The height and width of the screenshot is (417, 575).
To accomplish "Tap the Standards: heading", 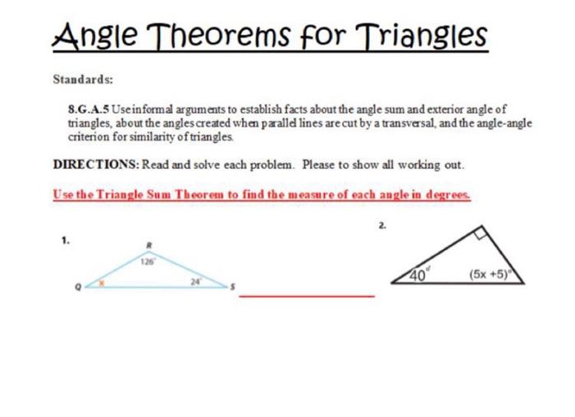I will coord(82,80).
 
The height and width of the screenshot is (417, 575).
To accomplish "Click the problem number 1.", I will coord(65,240).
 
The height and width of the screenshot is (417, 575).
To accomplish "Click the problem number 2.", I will coord(382,224).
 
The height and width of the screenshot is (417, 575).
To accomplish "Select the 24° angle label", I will coord(195,280).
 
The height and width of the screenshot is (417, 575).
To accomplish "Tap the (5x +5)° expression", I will coord(491,276).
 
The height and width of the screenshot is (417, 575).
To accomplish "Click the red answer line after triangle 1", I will coord(306,295).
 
